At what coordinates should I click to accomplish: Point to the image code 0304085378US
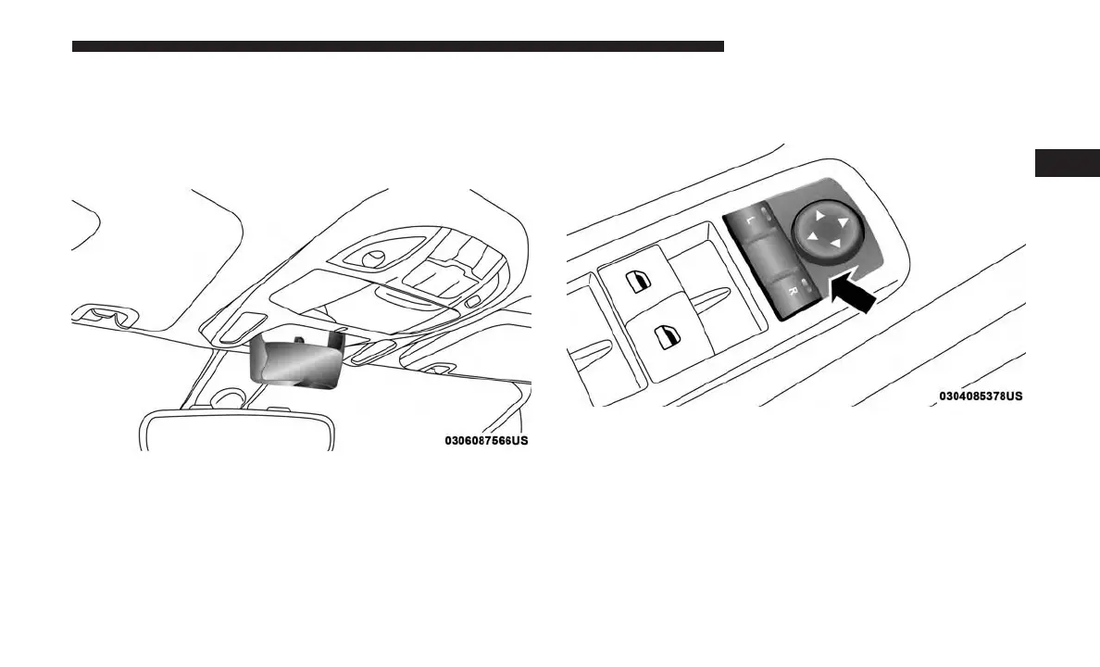coord(981,396)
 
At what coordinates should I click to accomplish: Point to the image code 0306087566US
coord(486,441)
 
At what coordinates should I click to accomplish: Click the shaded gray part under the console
coord(294,359)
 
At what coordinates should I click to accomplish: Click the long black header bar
coord(397,45)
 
